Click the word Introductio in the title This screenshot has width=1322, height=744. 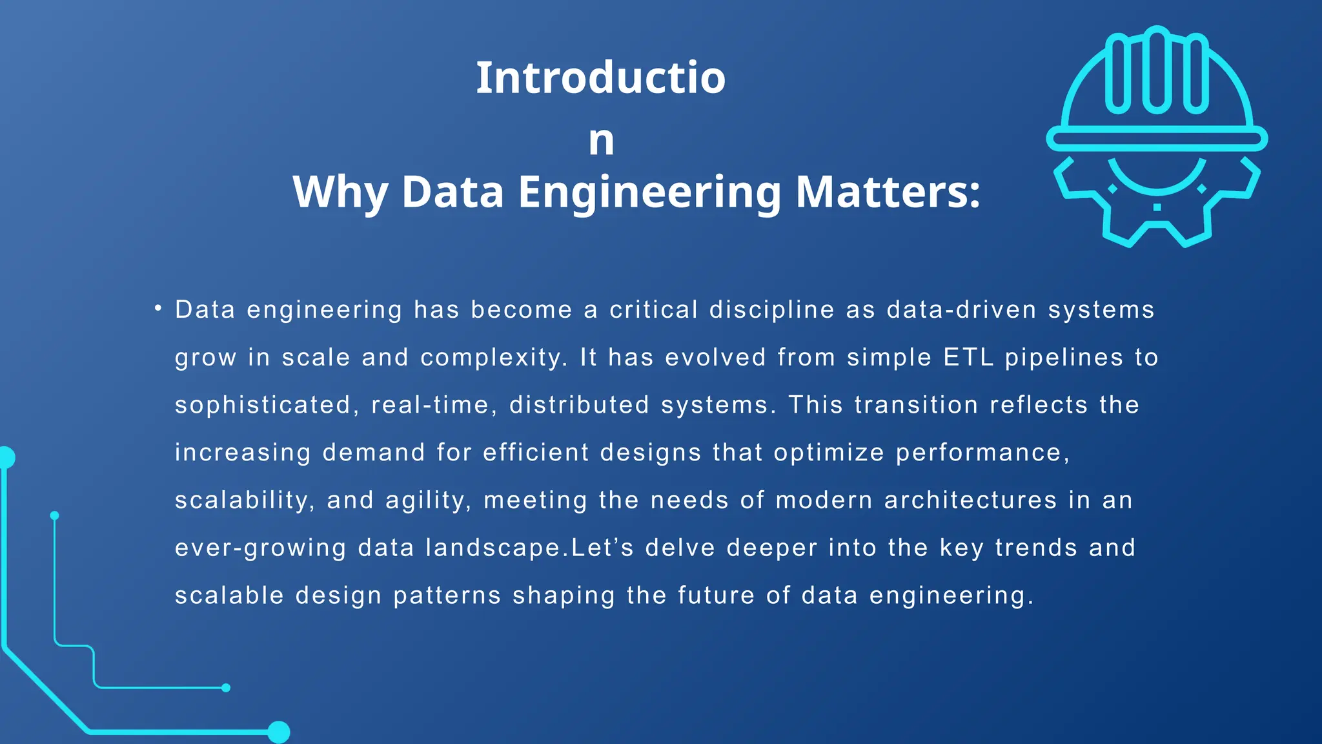point(600,77)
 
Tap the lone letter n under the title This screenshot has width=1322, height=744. point(601,141)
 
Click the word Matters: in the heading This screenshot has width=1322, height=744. point(888,192)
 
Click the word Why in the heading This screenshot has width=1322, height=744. point(340,193)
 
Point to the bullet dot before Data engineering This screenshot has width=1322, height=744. point(158,309)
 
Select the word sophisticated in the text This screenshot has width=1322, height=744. point(262,405)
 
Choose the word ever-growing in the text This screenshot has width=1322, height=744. point(261,548)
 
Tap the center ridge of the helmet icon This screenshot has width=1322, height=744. point(1157,70)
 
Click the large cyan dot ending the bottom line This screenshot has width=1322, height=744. point(279,732)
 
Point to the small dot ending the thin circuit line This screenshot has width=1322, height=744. point(226,688)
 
